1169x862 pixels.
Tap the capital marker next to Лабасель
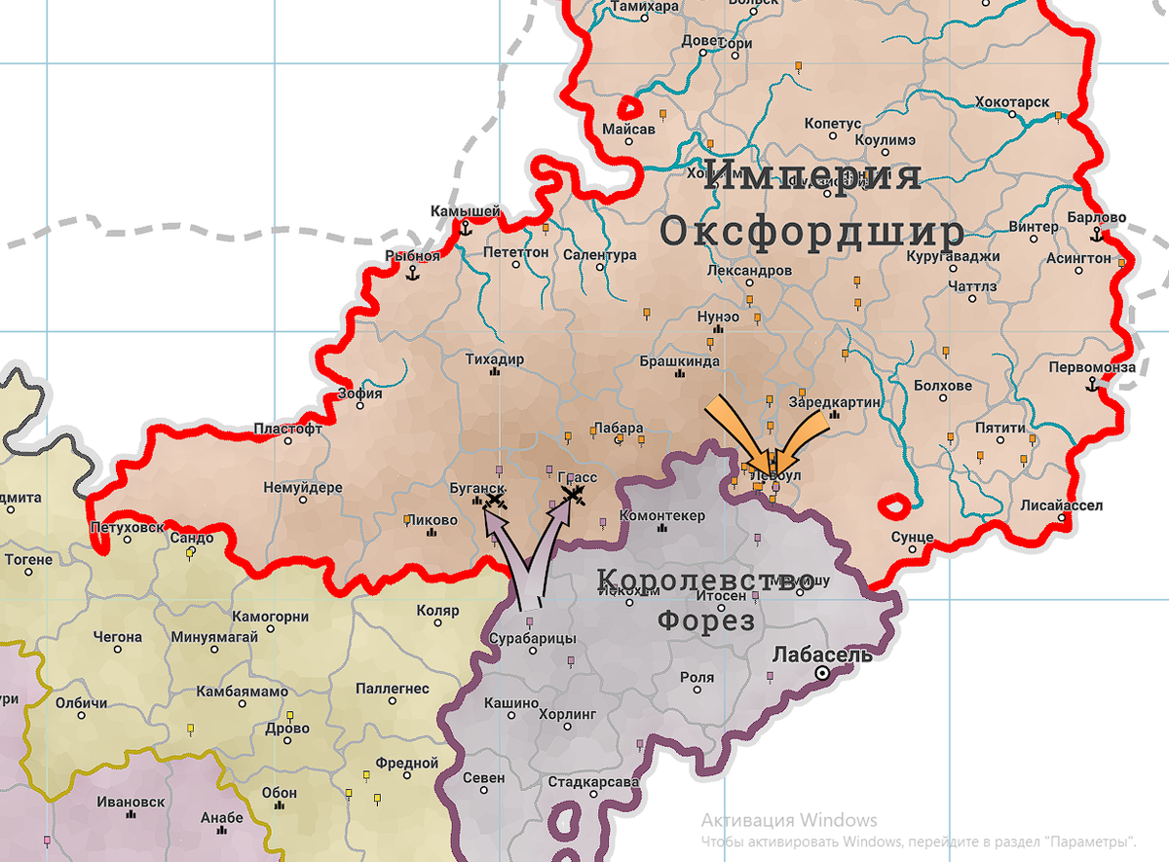823,673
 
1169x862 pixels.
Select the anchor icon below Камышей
466,229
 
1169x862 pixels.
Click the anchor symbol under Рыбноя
412,274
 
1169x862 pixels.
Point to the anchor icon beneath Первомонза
1092,385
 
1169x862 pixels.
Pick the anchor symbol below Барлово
1097,235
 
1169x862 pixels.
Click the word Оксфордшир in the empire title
811,232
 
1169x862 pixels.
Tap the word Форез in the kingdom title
706,620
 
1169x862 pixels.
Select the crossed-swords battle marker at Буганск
495,501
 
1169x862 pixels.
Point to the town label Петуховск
127,528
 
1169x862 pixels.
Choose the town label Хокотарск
1012,102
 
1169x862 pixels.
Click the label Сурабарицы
532,638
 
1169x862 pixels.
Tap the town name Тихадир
494,359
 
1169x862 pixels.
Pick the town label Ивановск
131,803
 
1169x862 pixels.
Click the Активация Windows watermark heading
789,820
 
